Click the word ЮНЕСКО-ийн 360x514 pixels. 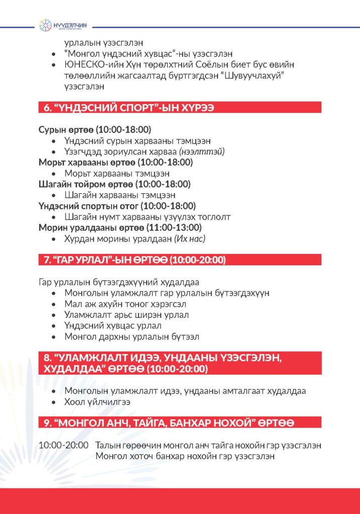click(88, 65)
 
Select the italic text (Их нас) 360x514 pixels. click(190, 239)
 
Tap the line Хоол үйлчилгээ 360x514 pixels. click(94, 402)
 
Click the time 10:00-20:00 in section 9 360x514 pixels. click(63, 445)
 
